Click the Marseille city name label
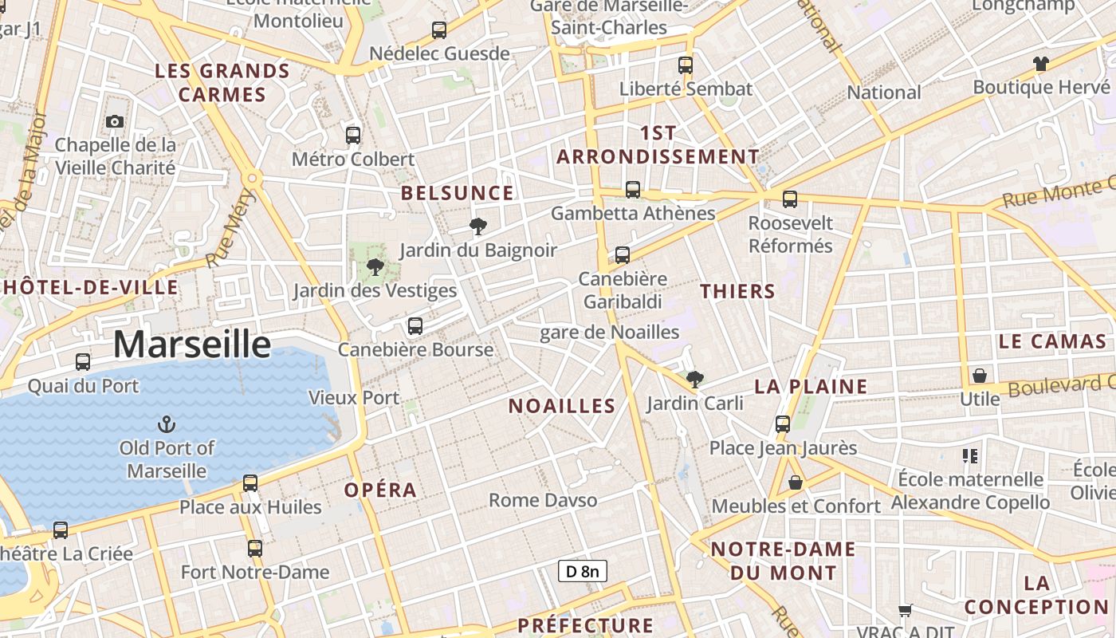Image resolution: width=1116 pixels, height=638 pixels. click(x=191, y=344)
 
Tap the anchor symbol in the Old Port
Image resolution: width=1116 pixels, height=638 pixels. click(x=167, y=423)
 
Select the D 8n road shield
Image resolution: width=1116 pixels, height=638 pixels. click(x=582, y=571)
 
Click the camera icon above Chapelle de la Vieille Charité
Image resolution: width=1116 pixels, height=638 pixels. click(x=115, y=121)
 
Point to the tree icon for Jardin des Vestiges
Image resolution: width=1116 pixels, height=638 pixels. click(x=375, y=267)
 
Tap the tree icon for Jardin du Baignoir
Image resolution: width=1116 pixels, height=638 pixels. click(x=478, y=226)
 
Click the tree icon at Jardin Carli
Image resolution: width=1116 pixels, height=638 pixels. click(x=695, y=380)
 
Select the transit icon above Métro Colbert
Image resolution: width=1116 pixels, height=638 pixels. click(x=353, y=136)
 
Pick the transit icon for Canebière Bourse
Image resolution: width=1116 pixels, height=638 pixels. click(x=415, y=326)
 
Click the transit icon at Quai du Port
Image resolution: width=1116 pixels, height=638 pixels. click(x=83, y=362)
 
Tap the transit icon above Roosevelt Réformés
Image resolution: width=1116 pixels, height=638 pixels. click(x=790, y=199)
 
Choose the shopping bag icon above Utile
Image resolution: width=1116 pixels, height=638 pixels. click(x=980, y=375)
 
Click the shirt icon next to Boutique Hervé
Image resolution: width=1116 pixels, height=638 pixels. click(x=1040, y=64)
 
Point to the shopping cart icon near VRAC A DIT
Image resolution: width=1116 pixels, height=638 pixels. click(x=906, y=611)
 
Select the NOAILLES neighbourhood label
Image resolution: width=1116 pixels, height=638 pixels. click(x=562, y=406)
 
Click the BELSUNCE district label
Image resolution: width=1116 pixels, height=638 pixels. click(x=458, y=193)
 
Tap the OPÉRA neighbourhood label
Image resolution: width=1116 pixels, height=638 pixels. click(x=380, y=490)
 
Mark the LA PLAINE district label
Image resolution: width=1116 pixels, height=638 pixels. click(x=811, y=387)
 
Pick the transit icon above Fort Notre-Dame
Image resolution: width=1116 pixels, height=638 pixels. click(x=255, y=549)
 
